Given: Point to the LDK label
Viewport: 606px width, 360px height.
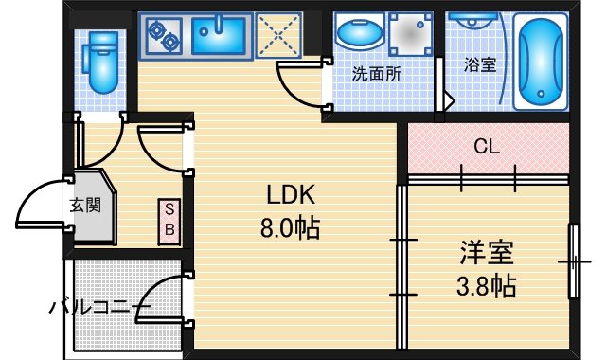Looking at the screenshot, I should tap(290, 196).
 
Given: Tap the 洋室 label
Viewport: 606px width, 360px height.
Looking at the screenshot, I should tap(487, 253).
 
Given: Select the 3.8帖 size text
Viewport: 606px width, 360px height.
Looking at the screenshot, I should tap(487, 285).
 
